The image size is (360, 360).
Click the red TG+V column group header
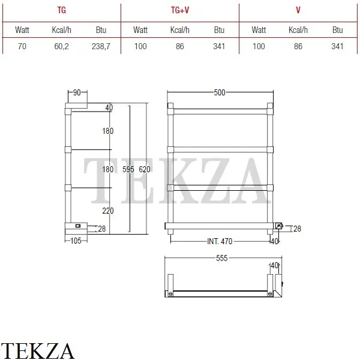tap(180, 10)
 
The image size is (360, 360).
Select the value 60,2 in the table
tap(61, 46)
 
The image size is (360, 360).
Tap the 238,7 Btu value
tap(101, 46)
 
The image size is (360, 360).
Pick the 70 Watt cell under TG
tap(22, 46)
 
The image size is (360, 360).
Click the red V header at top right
tap(298, 10)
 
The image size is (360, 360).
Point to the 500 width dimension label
tap(220, 92)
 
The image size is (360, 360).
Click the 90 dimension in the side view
tap(77, 92)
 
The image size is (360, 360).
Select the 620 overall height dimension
tap(145, 169)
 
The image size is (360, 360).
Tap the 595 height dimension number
tap(128, 169)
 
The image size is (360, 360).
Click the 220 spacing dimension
tap(108, 211)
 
